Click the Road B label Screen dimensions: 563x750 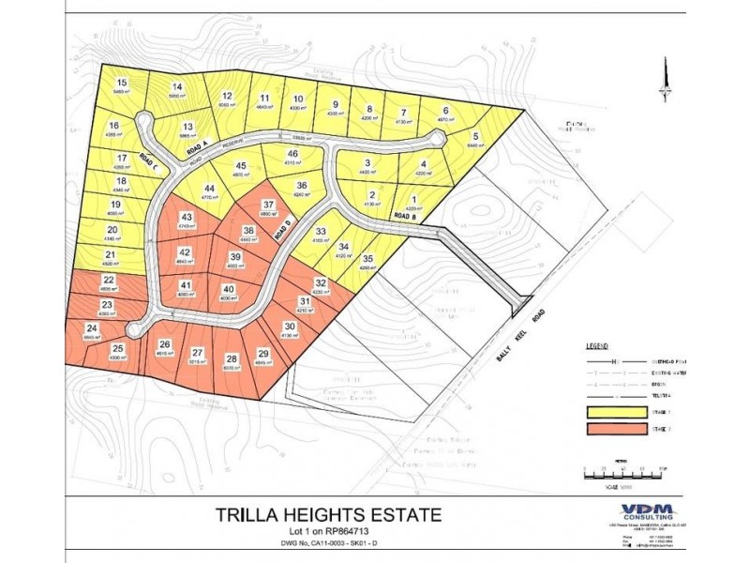tap(403, 216)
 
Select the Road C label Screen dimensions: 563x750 tap(149, 162)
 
